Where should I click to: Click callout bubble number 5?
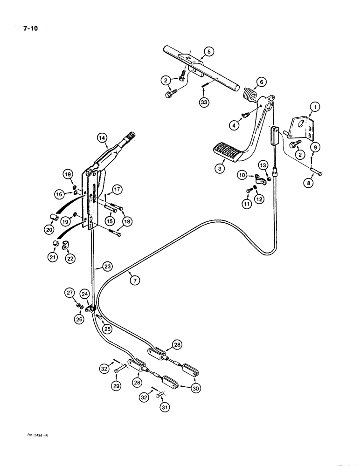tap(209, 52)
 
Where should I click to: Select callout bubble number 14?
tap(103, 137)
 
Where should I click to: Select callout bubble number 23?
tap(108, 267)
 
